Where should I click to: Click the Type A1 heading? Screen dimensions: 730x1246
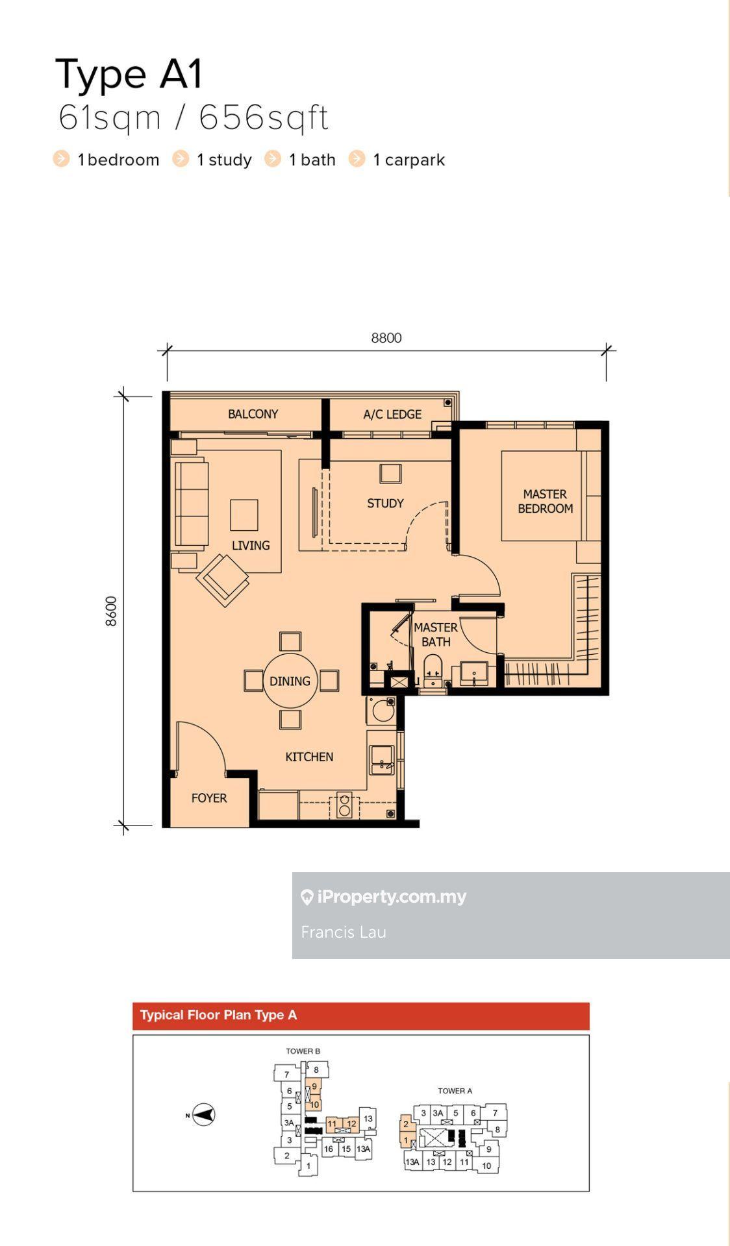[130, 74]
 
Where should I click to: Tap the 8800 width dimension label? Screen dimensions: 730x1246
[386, 337]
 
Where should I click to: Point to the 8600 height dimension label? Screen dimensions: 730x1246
[111, 611]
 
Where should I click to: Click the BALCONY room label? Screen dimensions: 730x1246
[253, 414]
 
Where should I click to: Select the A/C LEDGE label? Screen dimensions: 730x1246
[392, 414]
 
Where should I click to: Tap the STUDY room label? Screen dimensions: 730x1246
[385, 503]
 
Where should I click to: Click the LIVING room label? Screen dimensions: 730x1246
[251, 545]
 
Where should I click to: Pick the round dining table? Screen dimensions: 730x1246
[290, 681]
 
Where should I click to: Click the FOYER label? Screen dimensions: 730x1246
[209, 798]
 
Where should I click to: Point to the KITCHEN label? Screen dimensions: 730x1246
[309, 757]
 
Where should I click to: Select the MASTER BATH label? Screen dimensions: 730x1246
[436, 635]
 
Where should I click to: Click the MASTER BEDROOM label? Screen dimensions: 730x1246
[545, 501]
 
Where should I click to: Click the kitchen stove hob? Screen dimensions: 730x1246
[345, 805]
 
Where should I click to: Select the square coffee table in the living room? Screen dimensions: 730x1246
[244, 515]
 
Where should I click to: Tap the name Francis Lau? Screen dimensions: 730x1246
[344, 932]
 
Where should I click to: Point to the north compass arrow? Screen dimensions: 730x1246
[204, 1115]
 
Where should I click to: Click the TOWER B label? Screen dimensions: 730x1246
[303, 1051]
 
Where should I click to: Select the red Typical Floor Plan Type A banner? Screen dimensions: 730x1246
[361, 1016]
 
